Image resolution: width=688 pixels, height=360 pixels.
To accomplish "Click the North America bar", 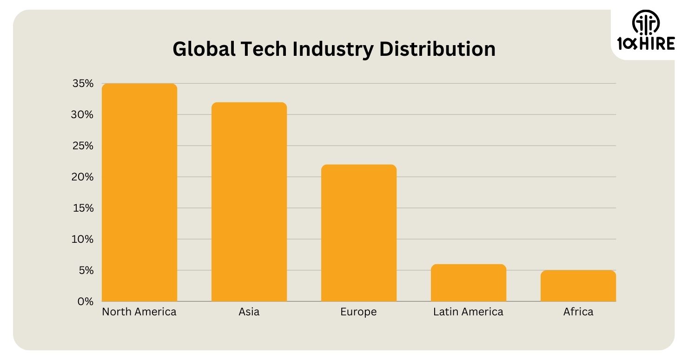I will (139, 193).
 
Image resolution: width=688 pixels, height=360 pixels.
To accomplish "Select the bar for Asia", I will (249, 202).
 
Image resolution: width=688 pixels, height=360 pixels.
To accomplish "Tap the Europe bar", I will (358, 233).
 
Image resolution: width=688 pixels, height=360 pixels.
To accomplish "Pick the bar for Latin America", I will (468, 283).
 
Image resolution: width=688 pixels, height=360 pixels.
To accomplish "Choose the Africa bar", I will (578, 286).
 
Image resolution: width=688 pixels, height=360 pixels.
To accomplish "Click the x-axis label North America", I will (139, 312).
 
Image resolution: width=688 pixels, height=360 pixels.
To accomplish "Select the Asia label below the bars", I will (249, 312).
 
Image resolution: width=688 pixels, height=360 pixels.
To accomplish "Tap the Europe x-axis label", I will (358, 312).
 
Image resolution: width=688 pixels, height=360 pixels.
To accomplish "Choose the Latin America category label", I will (468, 312).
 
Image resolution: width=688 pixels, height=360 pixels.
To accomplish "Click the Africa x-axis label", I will (578, 312).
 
